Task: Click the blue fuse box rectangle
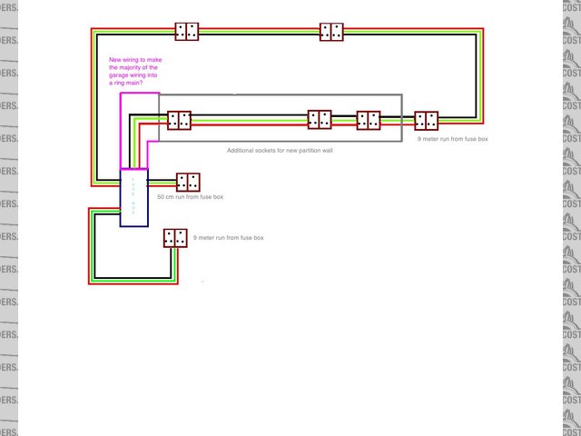pos(133,197)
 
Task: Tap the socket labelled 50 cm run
pos(188,182)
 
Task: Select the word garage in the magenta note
pos(119,74)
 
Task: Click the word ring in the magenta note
pos(115,83)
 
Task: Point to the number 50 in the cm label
pos(161,196)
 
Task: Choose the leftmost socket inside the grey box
pos(179,120)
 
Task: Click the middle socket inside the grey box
pos(320,119)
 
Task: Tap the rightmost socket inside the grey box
pos(369,120)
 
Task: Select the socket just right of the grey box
pos(426,121)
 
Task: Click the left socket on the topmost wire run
pos(188,32)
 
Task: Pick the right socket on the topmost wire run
pos(331,32)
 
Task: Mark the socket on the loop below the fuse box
pos(175,238)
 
